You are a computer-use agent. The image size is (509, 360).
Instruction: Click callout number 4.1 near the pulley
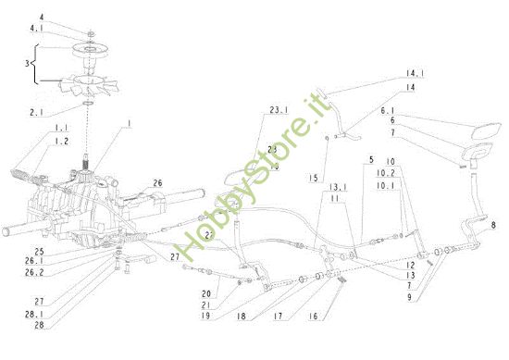(x=35, y=29)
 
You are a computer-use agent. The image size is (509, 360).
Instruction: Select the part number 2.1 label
(x=36, y=111)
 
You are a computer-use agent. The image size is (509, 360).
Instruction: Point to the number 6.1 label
(x=414, y=108)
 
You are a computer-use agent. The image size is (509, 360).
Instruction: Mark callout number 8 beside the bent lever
(x=493, y=225)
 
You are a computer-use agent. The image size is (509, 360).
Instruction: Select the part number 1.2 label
(x=35, y=141)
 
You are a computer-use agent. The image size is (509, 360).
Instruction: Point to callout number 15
(x=313, y=177)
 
